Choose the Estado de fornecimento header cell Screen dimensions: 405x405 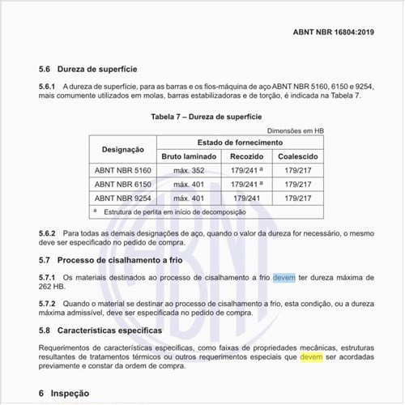coord(235,142)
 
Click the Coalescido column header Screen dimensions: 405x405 coord(298,156)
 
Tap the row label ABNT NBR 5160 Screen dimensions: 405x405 coord(123,170)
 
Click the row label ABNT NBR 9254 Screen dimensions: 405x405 coord(123,198)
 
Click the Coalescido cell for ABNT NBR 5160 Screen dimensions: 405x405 coord(298,170)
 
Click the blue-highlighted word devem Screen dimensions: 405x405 coord(283,277)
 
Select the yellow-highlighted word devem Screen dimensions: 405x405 coord(311,356)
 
